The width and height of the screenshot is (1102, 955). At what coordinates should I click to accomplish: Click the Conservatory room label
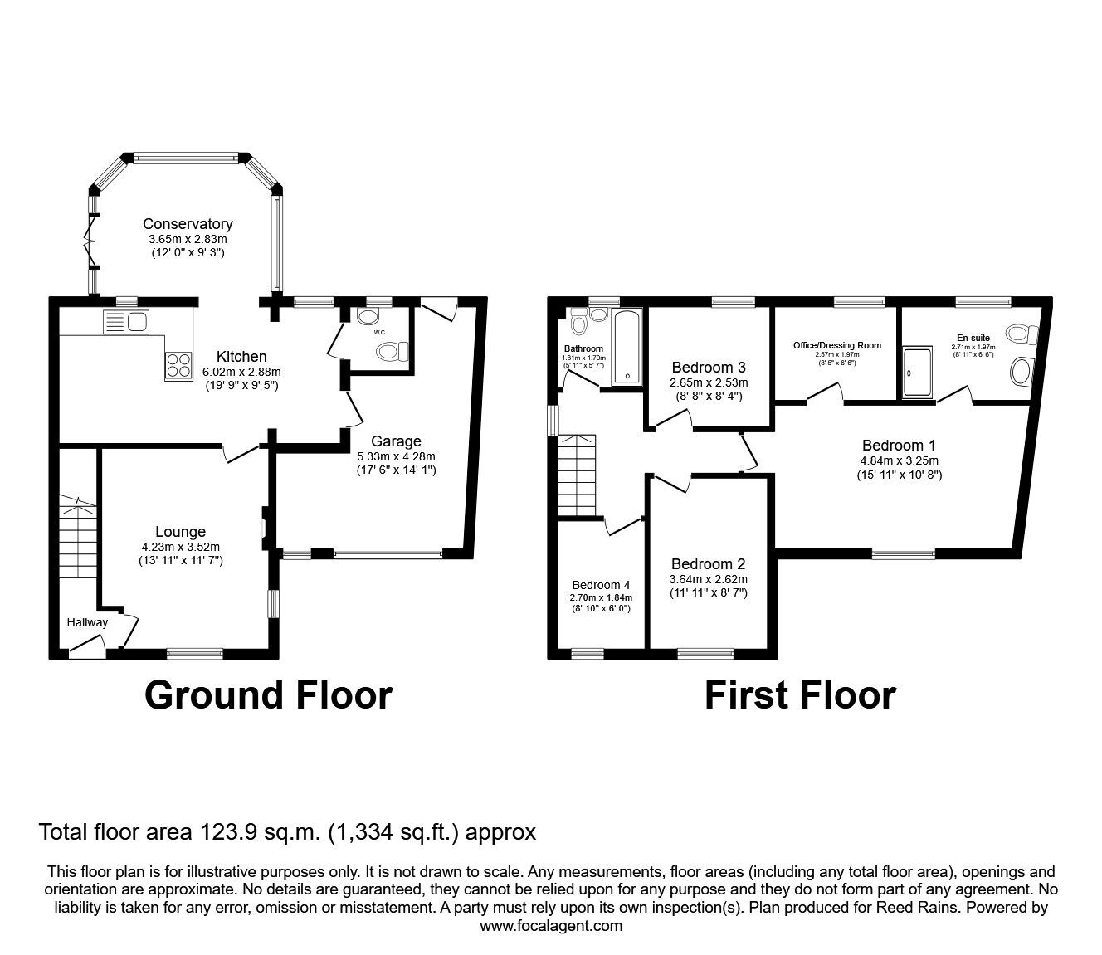pos(188,224)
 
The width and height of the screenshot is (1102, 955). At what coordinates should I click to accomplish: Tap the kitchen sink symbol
pos(125,320)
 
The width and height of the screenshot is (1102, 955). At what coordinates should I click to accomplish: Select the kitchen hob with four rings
pos(178,365)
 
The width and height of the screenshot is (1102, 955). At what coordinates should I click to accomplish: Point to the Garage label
pos(396,441)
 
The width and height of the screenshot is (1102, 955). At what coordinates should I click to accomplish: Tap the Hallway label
pos(88,622)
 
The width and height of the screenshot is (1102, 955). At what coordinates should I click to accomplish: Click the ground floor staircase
pos(78,538)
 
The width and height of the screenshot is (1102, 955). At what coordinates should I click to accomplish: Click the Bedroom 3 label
pos(709,368)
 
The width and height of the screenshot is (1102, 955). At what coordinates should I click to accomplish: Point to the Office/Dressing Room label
pos(837,345)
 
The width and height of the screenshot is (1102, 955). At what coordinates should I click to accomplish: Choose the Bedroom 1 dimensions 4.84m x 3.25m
pos(900,460)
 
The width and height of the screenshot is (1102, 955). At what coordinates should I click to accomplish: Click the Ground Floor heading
pos(268,695)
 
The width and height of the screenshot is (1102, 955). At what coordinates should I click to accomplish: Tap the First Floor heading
pos(800,695)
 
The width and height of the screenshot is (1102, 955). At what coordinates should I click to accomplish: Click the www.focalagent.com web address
pos(551,926)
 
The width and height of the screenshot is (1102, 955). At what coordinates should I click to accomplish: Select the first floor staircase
pos(577,468)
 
